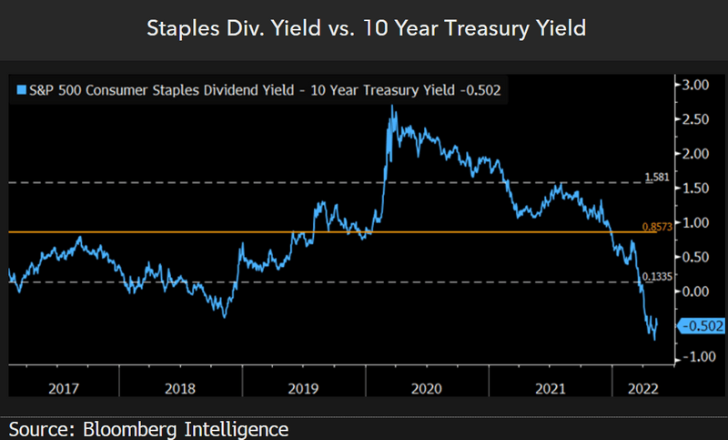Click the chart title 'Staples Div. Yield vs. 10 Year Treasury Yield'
[x=364, y=29]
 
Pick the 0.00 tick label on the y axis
[x=696, y=291]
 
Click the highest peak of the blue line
[x=392, y=107]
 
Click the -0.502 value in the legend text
[x=483, y=89]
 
